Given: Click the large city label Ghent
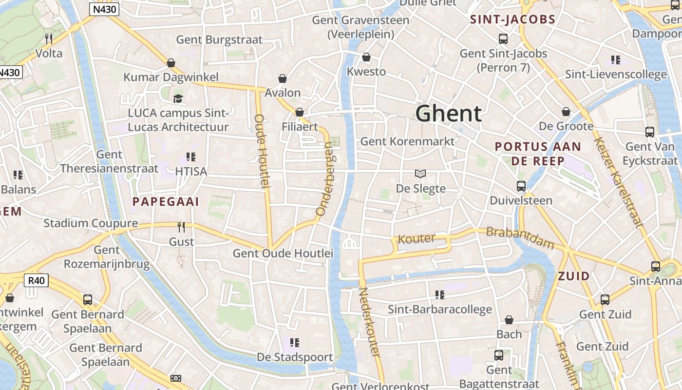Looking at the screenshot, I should click(449, 114).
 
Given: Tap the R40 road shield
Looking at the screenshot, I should click(37, 280).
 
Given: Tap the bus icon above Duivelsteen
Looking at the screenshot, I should click(521, 186).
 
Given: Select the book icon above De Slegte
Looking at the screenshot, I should click(420, 174).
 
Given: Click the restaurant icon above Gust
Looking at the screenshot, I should click(181, 227).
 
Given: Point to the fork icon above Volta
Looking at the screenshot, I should click(48, 39).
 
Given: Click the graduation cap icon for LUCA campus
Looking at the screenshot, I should click(178, 98).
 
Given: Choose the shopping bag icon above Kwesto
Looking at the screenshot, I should click(366, 57).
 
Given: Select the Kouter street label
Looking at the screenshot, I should click(417, 238).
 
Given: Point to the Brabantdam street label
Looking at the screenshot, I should click(520, 237).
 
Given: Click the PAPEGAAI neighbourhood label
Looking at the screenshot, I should click(166, 202).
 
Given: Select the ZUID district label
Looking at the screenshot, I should click(573, 276).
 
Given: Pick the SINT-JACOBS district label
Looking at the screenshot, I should click(512, 19).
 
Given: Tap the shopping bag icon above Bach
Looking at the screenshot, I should click(509, 320).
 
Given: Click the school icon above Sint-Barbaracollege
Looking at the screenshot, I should click(440, 294).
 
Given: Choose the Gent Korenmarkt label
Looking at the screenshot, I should click(407, 141).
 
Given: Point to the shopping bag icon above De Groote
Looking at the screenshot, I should click(566, 112).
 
